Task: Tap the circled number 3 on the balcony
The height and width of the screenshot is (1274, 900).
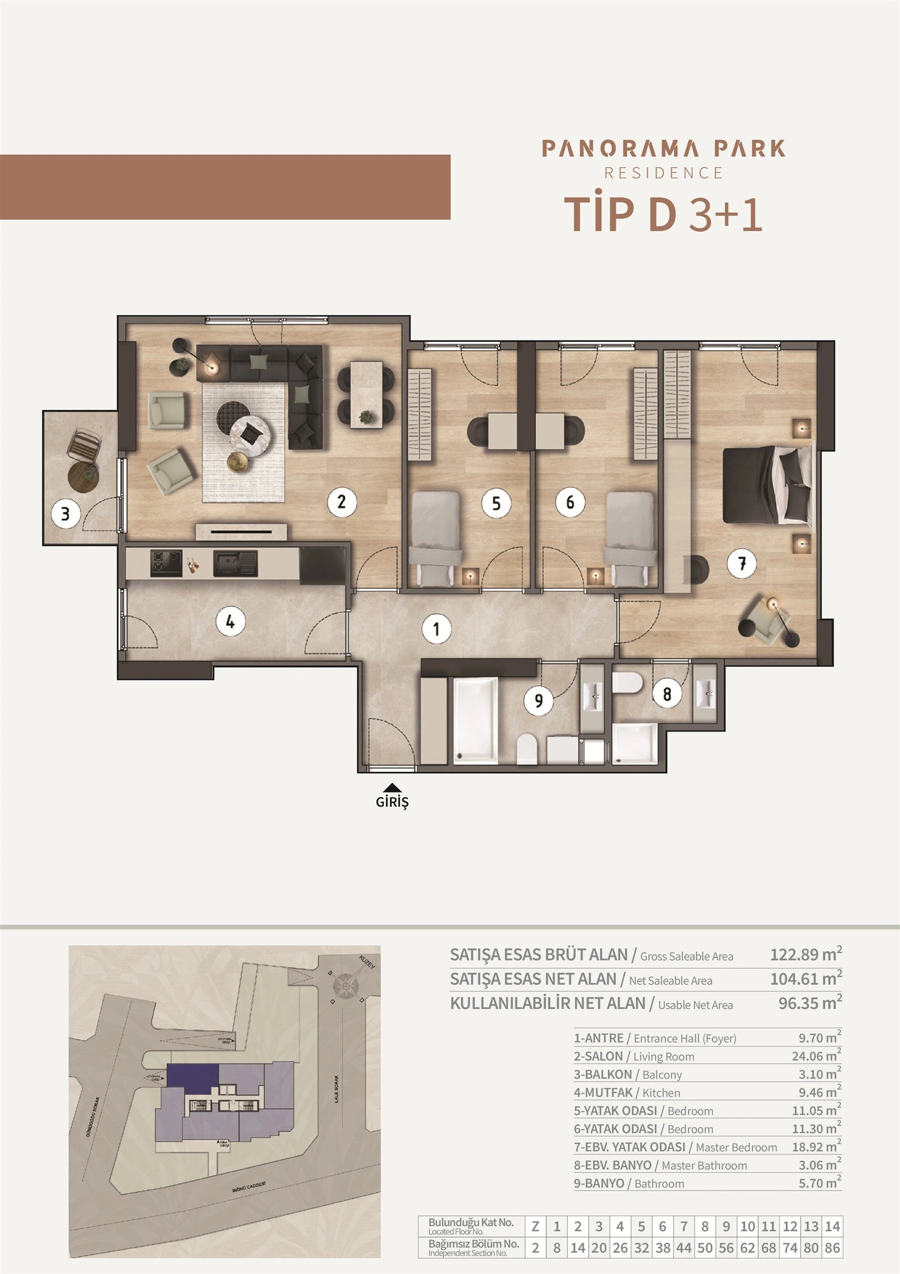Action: (65, 513)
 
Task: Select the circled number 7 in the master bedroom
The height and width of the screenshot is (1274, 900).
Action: (742, 563)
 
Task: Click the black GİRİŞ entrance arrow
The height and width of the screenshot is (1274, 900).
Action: (392, 788)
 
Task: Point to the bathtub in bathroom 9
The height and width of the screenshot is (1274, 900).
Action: (476, 720)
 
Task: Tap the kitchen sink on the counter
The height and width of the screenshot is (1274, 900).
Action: (235, 564)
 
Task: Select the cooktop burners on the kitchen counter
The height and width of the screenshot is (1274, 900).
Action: (166, 564)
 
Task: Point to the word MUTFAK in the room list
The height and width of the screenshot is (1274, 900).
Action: (608, 1093)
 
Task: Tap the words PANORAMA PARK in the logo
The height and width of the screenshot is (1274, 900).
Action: (664, 149)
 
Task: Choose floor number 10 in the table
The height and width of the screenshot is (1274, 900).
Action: (748, 1226)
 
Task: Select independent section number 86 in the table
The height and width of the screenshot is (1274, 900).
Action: (832, 1248)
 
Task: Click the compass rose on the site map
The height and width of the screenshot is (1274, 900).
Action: (345, 986)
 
